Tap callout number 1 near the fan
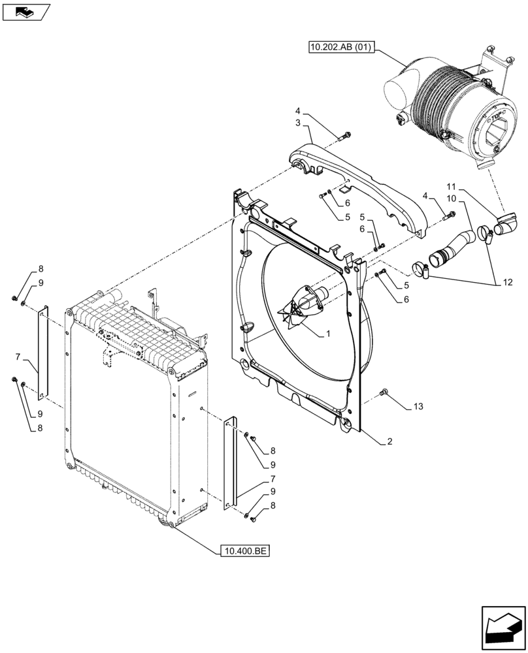pos(328,334)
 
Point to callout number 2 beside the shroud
pos(389,442)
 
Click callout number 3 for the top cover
pos(297,123)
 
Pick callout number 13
pos(418,407)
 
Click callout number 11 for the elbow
pos(452,186)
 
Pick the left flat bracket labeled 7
pos(43,353)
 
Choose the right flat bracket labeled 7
pos(229,462)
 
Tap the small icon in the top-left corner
pos(25,11)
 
